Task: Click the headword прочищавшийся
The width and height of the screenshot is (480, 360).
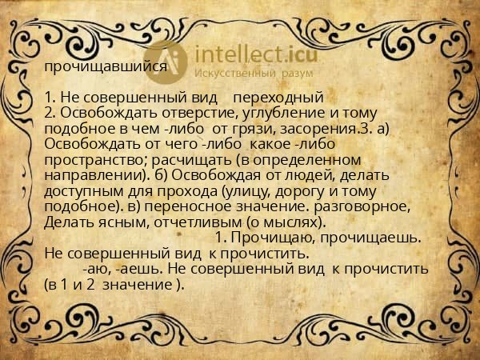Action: [x=106, y=67]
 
